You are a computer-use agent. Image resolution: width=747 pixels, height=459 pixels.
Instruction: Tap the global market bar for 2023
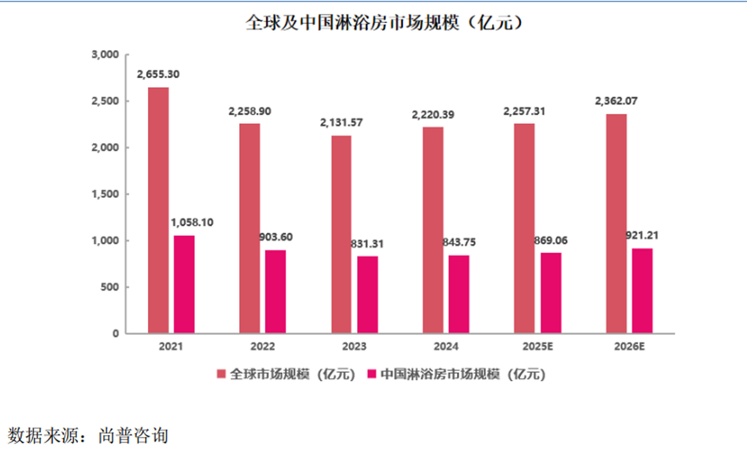coord(341,234)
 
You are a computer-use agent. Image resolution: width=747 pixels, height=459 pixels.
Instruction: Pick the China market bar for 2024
coord(459,294)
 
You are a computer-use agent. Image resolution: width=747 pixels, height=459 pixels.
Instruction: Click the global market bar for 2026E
coord(616,224)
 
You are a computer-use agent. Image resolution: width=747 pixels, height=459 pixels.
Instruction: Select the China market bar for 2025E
coord(551,293)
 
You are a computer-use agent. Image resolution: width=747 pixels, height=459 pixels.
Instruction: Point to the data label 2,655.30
coord(158,74)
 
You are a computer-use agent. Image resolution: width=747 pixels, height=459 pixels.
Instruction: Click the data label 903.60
coord(276,237)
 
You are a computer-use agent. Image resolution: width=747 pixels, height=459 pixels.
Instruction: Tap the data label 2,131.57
coord(341,123)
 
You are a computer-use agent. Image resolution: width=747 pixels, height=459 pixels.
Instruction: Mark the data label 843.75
coord(459,242)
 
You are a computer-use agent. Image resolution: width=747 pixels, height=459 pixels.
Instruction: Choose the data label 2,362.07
coord(616,101)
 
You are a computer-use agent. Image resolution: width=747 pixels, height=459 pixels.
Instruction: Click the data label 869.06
coord(550,240)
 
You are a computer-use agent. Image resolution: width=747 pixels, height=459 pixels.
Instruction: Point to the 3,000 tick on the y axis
coord(105,55)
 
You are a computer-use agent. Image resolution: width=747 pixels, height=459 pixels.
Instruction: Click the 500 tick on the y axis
coord(109,287)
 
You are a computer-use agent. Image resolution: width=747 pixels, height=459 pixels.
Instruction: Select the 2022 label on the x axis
coord(263,346)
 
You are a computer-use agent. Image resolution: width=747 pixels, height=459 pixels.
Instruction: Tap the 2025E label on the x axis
coord(537,346)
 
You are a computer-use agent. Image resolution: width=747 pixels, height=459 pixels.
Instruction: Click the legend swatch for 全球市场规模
coord(221,374)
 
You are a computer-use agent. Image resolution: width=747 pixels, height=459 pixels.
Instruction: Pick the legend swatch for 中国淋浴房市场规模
coord(371,374)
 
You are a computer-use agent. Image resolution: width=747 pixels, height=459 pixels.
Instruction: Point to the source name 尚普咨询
coord(133,436)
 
